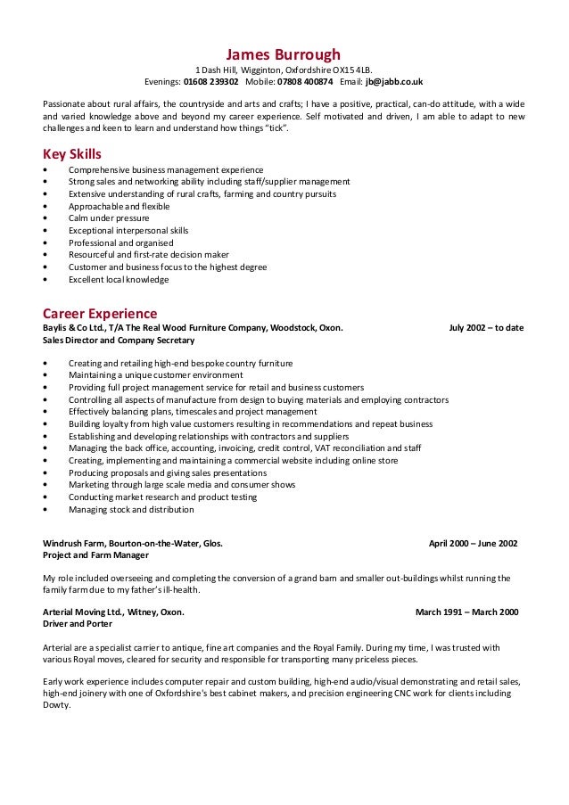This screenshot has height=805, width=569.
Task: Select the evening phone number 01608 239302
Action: tap(210, 80)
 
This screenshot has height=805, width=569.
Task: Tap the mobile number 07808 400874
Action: tap(304, 80)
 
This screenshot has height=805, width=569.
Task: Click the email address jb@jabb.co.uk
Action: tap(395, 80)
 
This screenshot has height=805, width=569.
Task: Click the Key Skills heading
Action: tap(72, 153)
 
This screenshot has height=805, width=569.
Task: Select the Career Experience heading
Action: tap(100, 314)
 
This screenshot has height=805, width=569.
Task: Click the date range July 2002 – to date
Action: tap(486, 327)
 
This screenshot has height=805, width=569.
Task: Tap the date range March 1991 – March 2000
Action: tap(466, 612)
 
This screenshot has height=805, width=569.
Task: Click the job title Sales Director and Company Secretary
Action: tap(119, 340)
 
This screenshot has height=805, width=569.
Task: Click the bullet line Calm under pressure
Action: tap(109, 218)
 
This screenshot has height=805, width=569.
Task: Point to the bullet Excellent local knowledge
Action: tap(119, 279)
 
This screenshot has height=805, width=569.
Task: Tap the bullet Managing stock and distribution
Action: tap(131, 510)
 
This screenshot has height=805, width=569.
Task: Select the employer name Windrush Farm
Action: tap(74, 542)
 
